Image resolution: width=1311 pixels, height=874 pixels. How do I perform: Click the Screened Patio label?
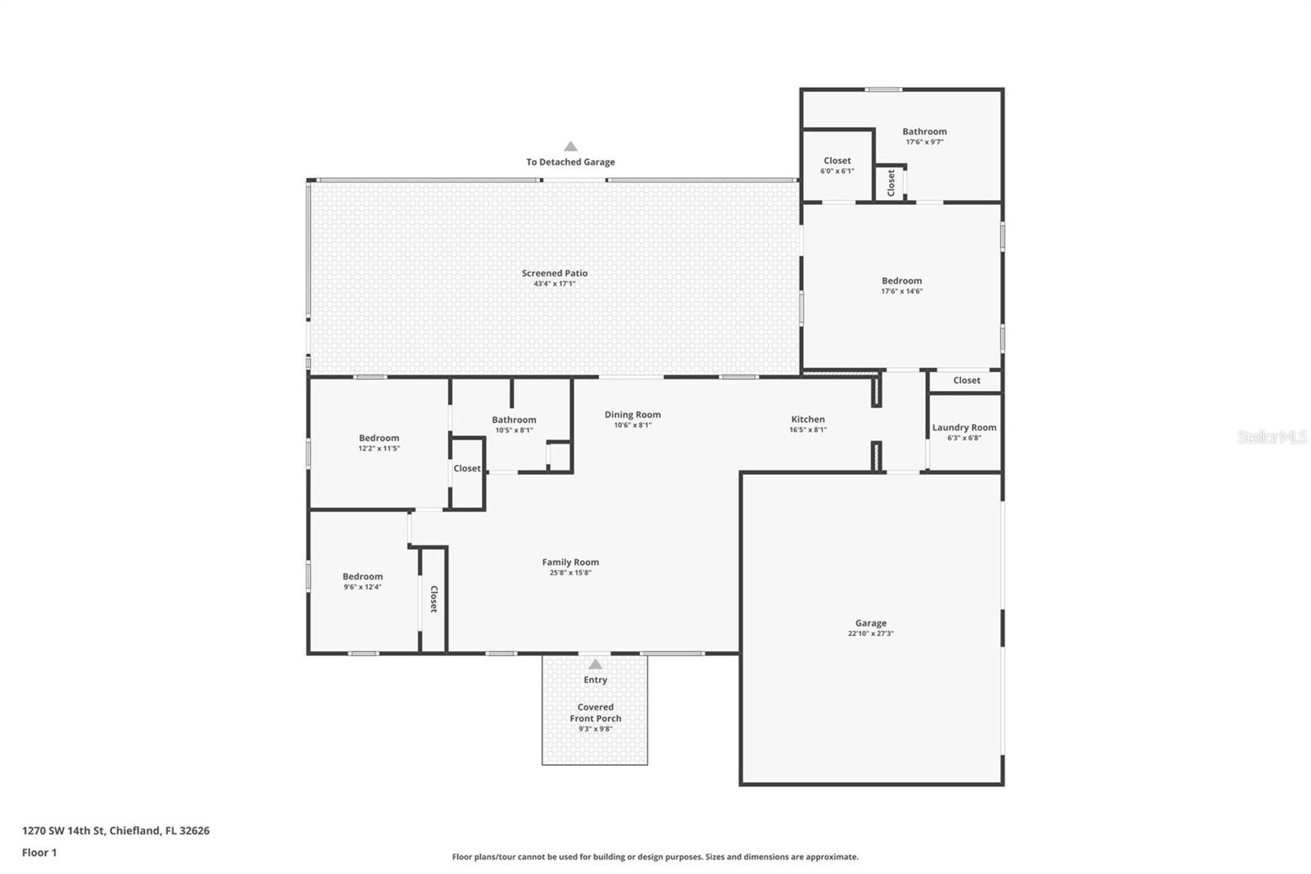555,273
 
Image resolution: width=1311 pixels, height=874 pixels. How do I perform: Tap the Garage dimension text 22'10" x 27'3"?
870,634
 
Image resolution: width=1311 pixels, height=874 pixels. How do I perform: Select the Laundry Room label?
964,427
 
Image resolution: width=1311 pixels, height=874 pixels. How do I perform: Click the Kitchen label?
808,419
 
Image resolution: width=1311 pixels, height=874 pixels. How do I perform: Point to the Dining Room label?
633,414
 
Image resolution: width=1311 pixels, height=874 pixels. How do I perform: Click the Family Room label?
570,562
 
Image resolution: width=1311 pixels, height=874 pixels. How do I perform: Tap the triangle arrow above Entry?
596,664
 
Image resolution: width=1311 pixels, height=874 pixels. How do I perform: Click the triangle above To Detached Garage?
570,147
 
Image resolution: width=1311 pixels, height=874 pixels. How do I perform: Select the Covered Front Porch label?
596,712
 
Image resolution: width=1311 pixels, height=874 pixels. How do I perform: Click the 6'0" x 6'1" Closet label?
837,161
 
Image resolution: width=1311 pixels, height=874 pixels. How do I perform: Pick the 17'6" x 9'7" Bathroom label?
924,131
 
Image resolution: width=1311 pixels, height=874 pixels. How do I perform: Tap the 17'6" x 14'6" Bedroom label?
901,280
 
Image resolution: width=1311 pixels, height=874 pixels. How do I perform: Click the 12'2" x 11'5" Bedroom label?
379,438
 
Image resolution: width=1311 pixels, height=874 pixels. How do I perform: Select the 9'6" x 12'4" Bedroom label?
362,576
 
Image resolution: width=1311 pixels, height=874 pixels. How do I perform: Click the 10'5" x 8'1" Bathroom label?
514,420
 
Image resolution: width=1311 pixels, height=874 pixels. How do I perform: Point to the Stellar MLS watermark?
1272,437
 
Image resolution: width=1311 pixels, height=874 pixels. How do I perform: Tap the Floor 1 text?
39,853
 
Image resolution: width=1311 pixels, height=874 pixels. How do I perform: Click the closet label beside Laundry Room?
966,380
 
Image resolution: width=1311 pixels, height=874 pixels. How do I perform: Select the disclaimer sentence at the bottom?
655,857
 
